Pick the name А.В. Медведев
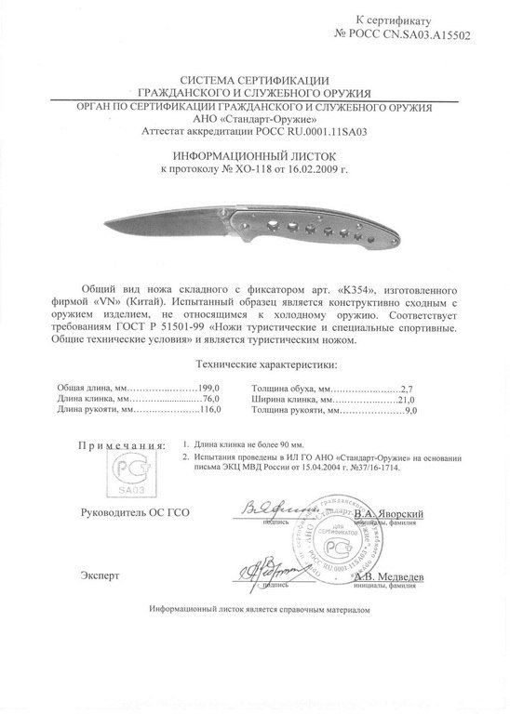coord(390,576)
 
